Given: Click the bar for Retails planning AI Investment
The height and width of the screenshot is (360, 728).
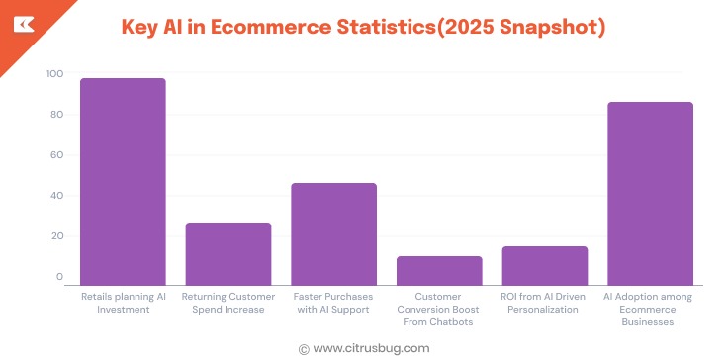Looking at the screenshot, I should coord(123,182).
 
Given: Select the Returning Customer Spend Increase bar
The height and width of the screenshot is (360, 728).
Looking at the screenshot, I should coord(228,254).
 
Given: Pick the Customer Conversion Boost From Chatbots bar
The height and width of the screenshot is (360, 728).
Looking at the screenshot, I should coord(439,271).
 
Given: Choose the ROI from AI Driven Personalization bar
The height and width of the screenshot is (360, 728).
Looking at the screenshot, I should coord(544,266).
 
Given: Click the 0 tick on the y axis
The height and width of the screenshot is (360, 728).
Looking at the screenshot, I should coord(59,277).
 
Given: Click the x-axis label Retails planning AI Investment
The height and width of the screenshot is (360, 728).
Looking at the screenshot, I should coord(123,303).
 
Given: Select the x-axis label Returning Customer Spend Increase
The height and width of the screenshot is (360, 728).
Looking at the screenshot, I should coord(228,303).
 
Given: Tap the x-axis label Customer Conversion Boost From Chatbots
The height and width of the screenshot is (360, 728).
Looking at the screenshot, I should coord(439,309).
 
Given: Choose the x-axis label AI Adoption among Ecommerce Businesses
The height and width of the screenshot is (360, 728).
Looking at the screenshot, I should coord(650,309).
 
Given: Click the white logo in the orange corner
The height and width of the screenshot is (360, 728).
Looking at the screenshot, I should coord(21,22).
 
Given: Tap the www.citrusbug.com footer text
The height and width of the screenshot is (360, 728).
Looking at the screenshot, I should coord(371,348).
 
